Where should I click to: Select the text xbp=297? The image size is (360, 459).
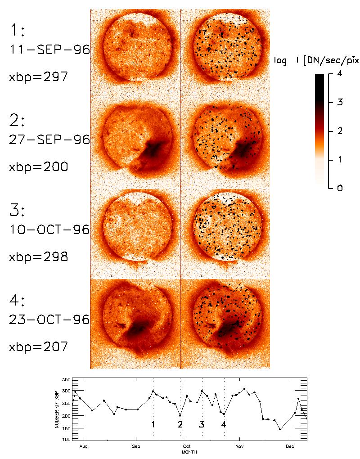tap(39, 77)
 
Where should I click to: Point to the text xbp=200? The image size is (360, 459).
tap(39, 167)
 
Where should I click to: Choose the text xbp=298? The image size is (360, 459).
tap(39, 257)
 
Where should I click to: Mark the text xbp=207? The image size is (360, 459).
tap(39, 347)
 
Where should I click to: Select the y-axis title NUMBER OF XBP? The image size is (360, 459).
tap(57, 409)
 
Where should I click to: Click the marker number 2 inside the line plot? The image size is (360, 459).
tap(180, 424)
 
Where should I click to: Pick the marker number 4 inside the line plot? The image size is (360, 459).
tap(224, 424)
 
